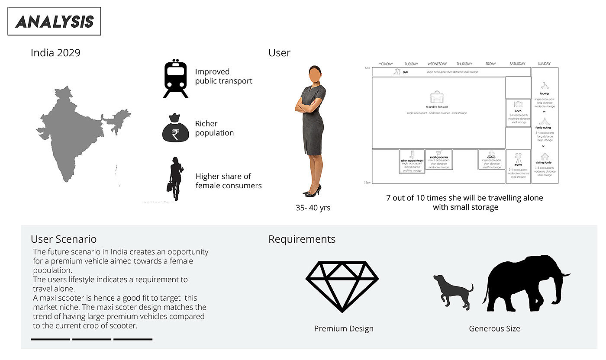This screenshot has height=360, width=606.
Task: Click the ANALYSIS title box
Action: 54,21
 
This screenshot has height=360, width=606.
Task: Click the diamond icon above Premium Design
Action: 342,287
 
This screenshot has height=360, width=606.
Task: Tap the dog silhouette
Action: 452,291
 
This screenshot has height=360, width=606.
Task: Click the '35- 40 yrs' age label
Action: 313,208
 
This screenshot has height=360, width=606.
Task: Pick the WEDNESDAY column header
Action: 438,64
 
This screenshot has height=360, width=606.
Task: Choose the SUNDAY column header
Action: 544,64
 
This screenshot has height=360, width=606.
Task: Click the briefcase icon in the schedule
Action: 436,97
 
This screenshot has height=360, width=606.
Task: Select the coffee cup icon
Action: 491,153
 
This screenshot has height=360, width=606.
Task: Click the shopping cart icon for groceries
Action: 438,153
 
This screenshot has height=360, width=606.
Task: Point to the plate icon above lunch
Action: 518,104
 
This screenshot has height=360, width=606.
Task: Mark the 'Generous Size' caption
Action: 494,329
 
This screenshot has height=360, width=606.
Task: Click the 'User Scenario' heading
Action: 64,239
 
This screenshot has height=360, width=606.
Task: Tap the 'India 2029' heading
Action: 55,53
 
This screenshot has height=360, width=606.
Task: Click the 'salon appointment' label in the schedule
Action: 411,160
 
